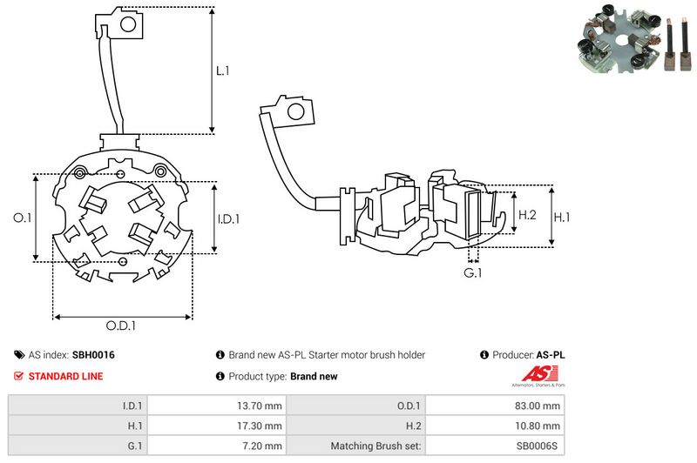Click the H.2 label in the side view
527,215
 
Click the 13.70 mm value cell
262,405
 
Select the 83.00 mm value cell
539,405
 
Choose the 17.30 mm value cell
262,426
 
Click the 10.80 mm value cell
539,426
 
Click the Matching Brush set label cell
376,446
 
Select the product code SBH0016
93,355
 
